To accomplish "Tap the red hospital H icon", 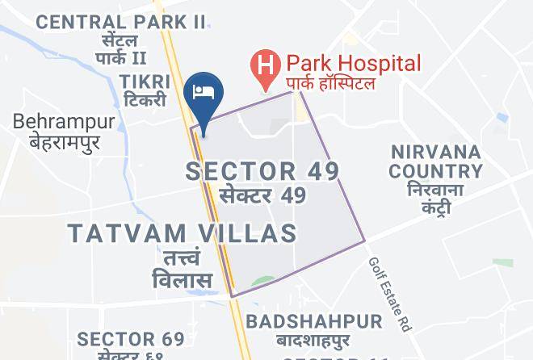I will [x=263, y=62].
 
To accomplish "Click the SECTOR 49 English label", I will [x=262, y=171].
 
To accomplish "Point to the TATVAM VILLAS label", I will [x=182, y=234].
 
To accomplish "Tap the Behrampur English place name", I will [x=64, y=122].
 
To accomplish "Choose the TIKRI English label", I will [x=145, y=82].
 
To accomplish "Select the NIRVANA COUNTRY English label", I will [x=435, y=161].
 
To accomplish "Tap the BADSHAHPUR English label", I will [x=314, y=321].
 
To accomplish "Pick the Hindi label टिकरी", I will [x=146, y=101].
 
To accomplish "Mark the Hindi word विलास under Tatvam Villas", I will [x=182, y=281].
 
